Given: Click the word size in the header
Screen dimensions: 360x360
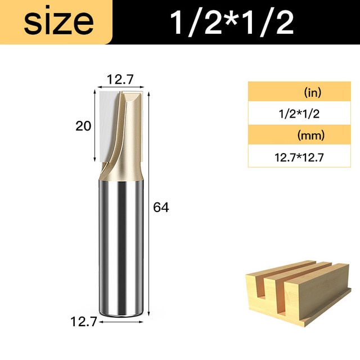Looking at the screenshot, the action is click(x=58, y=22).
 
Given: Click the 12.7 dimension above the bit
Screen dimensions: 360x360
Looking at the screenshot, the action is click(x=120, y=80).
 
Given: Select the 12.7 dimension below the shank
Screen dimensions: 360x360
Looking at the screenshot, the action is click(x=84, y=322).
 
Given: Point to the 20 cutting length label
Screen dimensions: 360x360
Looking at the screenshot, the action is click(x=83, y=126).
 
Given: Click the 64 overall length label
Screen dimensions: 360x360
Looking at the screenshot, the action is click(x=161, y=208).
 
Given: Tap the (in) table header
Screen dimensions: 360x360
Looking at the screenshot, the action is click(x=313, y=92).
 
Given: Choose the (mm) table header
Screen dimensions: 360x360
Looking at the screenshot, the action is click(x=311, y=135).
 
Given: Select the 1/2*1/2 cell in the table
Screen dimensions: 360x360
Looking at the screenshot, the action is click(x=299, y=114).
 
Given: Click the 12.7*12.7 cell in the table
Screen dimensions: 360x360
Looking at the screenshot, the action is click(x=299, y=157).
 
